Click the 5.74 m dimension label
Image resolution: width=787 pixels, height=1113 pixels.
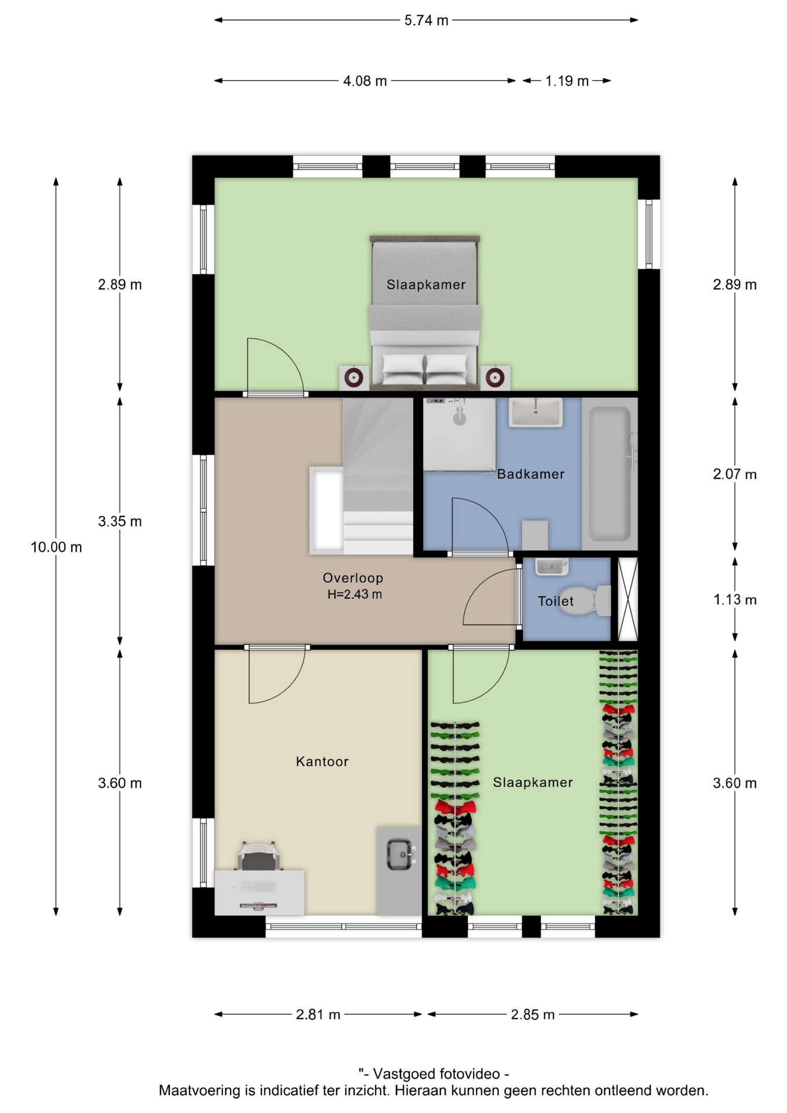coord(426,20)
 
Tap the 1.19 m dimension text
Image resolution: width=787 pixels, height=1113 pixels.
coord(567,81)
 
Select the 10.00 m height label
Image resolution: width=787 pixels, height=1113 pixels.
coord(56,547)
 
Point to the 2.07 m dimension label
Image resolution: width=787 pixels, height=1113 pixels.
coord(734,474)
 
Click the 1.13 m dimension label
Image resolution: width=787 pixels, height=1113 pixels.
coord(734,599)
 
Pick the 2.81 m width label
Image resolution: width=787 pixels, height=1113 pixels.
coord(318,1014)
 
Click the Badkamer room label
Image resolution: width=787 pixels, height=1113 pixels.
coord(531,474)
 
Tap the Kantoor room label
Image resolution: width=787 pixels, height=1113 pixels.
coord(322,761)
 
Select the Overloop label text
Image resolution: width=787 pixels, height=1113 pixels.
coord(353,578)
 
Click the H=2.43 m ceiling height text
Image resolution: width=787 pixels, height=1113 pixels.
coord(355,594)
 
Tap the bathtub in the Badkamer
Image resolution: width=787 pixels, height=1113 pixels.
coord(610,474)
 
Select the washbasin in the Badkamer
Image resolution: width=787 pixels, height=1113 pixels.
coord(535,412)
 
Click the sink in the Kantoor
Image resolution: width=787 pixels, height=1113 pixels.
coord(400,854)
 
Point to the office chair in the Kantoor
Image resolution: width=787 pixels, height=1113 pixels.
coord(258,856)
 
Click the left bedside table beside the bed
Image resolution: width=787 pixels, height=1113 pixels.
coord(354,378)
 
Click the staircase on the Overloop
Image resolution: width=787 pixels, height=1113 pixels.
coord(378,475)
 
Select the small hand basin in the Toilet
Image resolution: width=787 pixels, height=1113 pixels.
coord(551,566)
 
